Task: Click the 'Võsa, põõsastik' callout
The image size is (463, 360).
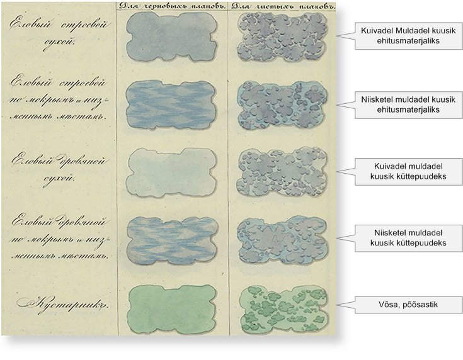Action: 408,305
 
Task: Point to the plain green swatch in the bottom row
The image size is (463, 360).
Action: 171,305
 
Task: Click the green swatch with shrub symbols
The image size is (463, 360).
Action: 283,305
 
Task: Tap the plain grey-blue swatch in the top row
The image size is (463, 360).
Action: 171,37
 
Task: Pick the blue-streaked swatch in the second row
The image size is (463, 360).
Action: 171,103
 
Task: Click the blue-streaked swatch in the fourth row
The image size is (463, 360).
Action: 171,239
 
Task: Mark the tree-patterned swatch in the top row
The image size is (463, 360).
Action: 283,37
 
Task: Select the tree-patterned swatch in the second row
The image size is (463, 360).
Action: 283,103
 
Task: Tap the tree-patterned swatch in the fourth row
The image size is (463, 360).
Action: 283,239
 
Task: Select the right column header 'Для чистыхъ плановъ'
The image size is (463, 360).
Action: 282,6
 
